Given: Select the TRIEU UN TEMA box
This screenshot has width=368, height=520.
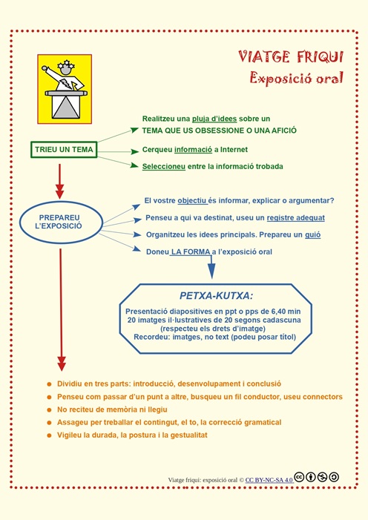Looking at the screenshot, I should click(x=64, y=150).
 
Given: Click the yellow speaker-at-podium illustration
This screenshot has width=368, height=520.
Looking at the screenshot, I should click(x=65, y=89).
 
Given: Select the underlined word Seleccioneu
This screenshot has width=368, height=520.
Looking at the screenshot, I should click(x=164, y=166).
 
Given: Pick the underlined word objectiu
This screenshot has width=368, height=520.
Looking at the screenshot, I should click(x=192, y=201).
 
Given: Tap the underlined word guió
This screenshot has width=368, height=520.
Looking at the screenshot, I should click(x=312, y=234).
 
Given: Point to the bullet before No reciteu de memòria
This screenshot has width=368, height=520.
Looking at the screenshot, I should click(x=49, y=409).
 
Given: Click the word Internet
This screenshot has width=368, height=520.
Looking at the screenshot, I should click(x=229, y=150).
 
